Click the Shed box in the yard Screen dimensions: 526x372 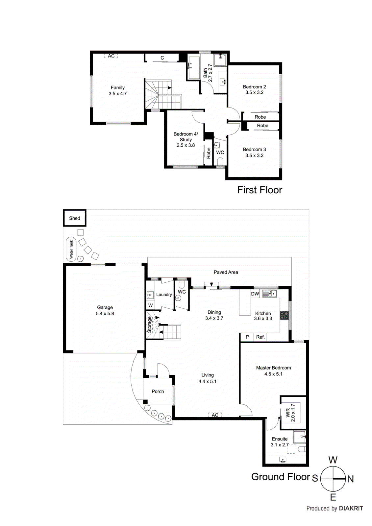click(75, 218)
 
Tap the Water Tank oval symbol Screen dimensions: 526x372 click(71, 249)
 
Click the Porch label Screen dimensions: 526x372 click(158, 391)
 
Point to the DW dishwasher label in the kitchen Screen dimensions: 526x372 click(255, 294)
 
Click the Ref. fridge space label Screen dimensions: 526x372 click(260, 337)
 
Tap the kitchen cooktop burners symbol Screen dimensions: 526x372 click(284, 316)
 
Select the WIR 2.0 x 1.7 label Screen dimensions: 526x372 click(290, 413)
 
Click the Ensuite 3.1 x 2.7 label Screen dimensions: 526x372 click(280, 442)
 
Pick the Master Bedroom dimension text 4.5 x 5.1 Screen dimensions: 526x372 click(273, 374)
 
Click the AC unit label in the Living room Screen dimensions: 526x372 click(215, 415)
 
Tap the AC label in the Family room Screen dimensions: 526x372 click(111, 56)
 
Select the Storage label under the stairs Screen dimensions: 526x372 click(149, 324)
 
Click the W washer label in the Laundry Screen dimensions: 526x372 click(150, 305)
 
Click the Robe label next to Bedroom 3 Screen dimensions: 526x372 click(262, 126)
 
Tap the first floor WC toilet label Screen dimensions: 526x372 click(220, 152)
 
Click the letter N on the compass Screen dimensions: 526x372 click(351, 479)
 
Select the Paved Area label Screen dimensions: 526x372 click(226, 272)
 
